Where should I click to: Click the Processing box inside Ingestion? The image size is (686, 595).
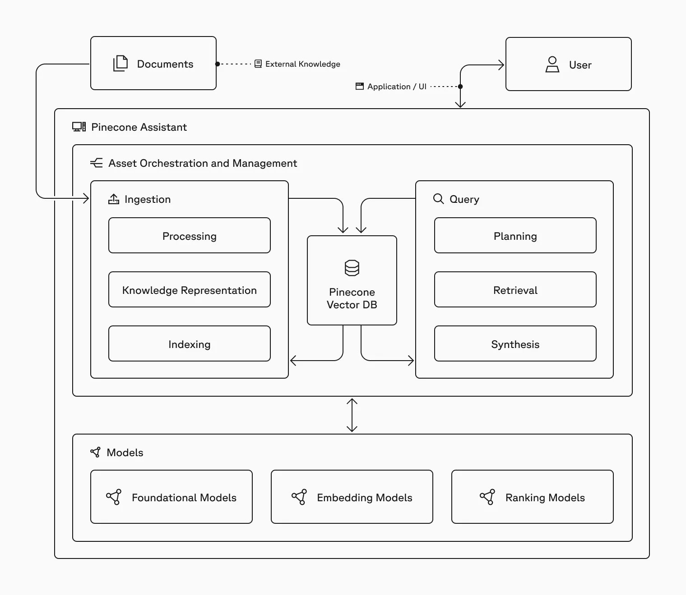[x=190, y=235]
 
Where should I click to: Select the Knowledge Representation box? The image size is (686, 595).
[x=190, y=290]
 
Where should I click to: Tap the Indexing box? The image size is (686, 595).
[x=190, y=343]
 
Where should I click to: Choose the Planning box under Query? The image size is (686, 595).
[x=515, y=235]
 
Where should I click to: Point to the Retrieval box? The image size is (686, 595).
[x=515, y=290]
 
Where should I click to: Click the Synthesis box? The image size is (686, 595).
[x=515, y=343]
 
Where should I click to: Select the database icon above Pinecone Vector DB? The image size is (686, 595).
[x=352, y=268]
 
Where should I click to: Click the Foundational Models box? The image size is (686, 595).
[x=171, y=497]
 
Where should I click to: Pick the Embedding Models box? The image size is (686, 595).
[x=352, y=497]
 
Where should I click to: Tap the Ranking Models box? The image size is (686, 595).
[x=533, y=497]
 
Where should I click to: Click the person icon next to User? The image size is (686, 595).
[x=552, y=64]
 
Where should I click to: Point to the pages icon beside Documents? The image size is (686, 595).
[x=121, y=63]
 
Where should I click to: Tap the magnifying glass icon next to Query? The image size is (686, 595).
[x=439, y=199]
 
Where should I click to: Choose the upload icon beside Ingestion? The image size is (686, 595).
[x=114, y=199]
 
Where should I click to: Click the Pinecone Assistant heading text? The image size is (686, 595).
[x=139, y=127]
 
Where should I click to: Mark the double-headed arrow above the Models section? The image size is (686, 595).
[x=352, y=415]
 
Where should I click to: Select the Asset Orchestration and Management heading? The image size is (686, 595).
[x=203, y=163]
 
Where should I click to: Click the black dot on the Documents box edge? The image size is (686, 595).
[x=218, y=64]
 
